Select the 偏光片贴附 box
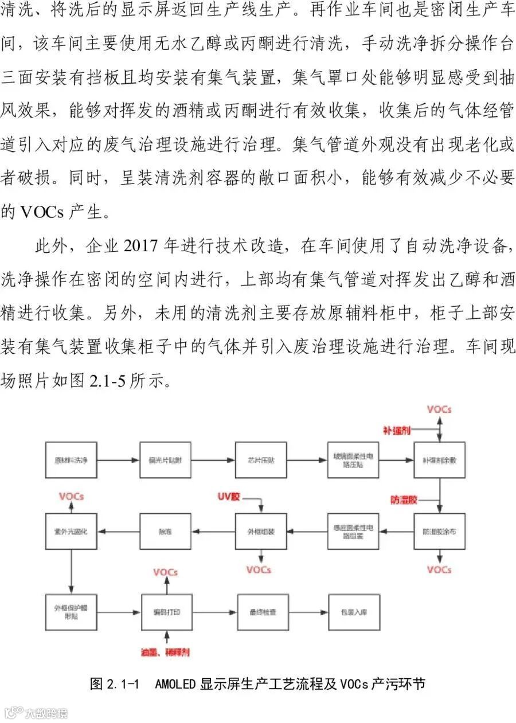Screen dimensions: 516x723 (165, 460)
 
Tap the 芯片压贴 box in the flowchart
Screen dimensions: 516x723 (260, 460)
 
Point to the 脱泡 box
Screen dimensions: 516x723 (165, 531)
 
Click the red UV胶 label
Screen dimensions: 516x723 (228, 496)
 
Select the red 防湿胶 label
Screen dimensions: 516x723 (404, 500)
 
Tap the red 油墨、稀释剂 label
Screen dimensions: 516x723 (166, 652)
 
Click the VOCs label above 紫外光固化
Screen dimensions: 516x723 (71, 496)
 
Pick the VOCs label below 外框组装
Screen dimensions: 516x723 (259, 569)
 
